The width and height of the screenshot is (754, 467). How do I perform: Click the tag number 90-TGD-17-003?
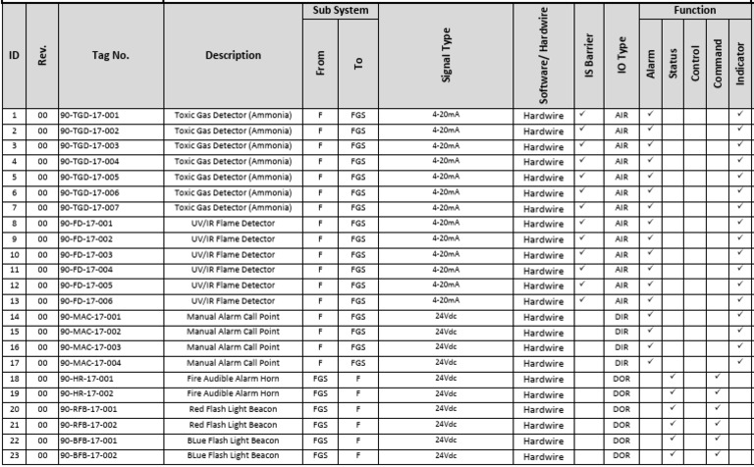click(x=90, y=145)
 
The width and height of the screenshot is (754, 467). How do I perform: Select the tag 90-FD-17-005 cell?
click(x=86, y=285)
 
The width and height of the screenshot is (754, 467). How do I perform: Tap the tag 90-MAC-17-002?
click(x=91, y=332)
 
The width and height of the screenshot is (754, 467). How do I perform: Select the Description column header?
click(x=233, y=56)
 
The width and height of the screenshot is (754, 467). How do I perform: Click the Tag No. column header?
click(x=111, y=56)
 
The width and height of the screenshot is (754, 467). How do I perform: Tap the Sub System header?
click(x=339, y=11)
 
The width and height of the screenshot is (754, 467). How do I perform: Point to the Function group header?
click(x=695, y=10)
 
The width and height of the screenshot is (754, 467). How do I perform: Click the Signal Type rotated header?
click(x=447, y=56)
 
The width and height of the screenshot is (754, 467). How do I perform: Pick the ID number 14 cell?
click(x=15, y=316)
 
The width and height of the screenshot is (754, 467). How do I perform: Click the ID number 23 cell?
click(x=15, y=455)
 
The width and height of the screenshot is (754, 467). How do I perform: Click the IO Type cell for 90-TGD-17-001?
click(x=620, y=115)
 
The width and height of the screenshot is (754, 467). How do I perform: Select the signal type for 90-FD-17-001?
click(x=447, y=223)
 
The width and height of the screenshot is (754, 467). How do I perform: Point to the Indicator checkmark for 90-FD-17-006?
click(x=741, y=300)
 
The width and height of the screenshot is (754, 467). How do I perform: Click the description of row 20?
click(x=233, y=409)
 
